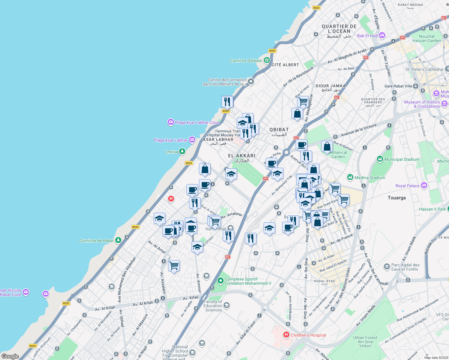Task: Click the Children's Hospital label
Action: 308,335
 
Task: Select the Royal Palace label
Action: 407,186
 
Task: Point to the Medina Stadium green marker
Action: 350,177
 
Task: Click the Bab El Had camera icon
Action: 382,35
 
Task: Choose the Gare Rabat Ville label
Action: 398,86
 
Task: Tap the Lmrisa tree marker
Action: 182,151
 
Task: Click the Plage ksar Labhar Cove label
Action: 197,122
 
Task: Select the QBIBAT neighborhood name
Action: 279,130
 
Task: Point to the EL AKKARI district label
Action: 242,156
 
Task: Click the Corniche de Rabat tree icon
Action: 118,240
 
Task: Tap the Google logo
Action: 10,356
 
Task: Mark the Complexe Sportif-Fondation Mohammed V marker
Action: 221,281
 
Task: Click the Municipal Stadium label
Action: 402,159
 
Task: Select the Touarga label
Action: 396,198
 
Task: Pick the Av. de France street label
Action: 342,239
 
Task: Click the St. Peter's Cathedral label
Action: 424,69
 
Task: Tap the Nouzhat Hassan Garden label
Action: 426,38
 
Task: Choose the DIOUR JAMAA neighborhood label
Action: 331,86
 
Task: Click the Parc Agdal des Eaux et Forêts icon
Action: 387,266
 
